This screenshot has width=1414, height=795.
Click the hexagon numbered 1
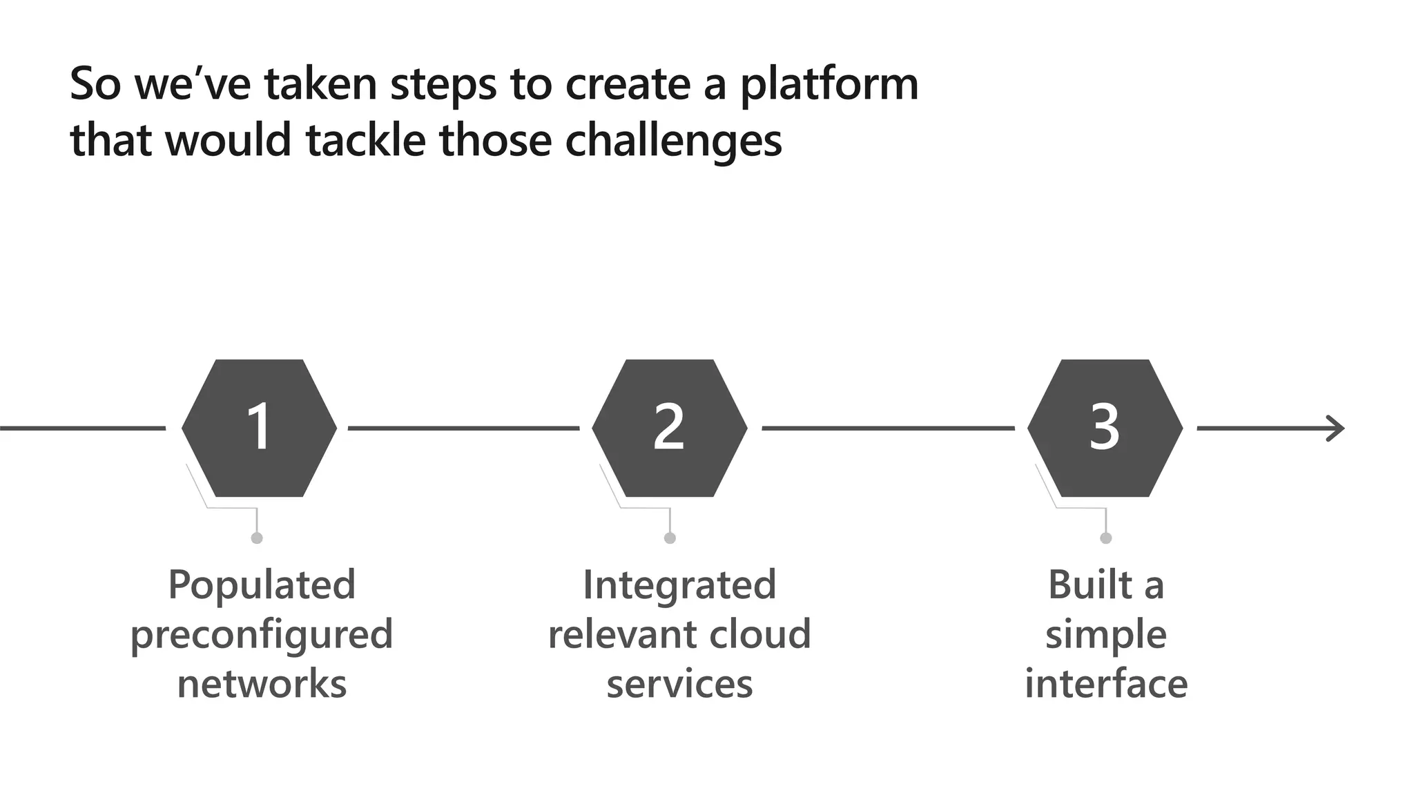pyautogui.click(x=259, y=428)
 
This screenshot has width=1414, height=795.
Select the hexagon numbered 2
pyautogui.click(x=669, y=428)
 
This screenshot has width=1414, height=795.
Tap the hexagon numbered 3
pyautogui.click(x=1105, y=428)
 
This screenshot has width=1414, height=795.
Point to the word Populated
pyautogui.click(x=262, y=586)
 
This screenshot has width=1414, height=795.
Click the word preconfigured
pyautogui.click(x=262, y=636)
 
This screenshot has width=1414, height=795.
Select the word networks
pyautogui.click(x=262, y=684)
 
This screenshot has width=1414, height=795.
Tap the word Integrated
pyautogui.click(x=679, y=586)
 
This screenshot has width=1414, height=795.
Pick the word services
pyautogui.click(x=679, y=685)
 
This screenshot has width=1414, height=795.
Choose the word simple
pyautogui.click(x=1105, y=636)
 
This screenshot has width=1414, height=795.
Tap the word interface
pyautogui.click(x=1105, y=684)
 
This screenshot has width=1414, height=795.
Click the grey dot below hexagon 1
pyautogui.click(x=257, y=538)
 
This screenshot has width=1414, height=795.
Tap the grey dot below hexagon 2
pyautogui.click(x=670, y=538)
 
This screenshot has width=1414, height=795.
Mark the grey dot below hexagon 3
pyautogui.click(x=1106, y=538)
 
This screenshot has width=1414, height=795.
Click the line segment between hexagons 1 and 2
pyautogui.click(x=463, y=429)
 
